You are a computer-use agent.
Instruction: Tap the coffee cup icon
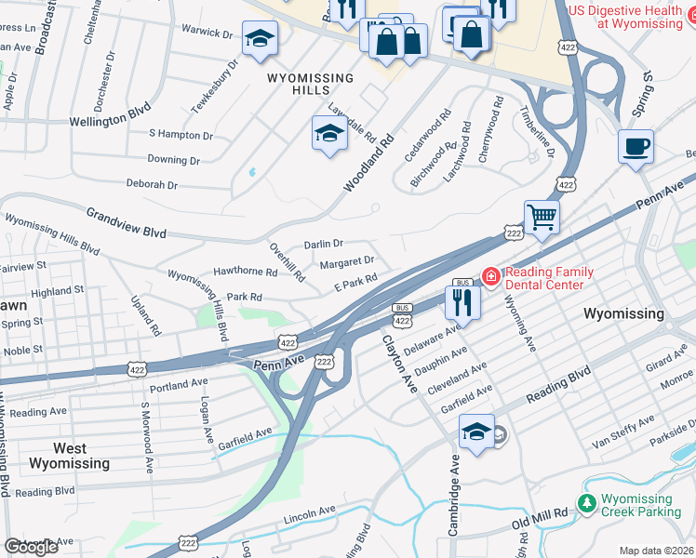pos(636,147)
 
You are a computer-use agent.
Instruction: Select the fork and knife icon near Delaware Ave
pos(462,300)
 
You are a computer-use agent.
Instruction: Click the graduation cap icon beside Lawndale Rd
pos(328,135)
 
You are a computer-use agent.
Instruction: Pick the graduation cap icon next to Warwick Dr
pos(260,39)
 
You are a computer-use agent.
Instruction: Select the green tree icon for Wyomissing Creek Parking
pos(586,504)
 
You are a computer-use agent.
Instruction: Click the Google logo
pos(31,547)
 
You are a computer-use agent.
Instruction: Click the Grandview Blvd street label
pos(126,220)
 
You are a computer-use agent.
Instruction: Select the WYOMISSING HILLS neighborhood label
pos(311,84)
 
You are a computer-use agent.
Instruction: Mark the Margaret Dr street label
pos(346,262)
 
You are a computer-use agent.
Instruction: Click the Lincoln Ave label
pos(309,512)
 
